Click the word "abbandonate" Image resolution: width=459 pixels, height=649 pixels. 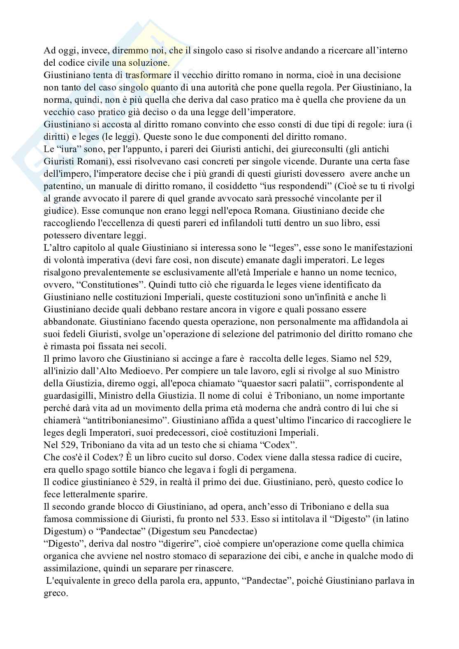pos(65,321)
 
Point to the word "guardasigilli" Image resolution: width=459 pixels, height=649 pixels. pos(67,395)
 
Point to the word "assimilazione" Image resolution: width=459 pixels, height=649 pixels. pos(70,568)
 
